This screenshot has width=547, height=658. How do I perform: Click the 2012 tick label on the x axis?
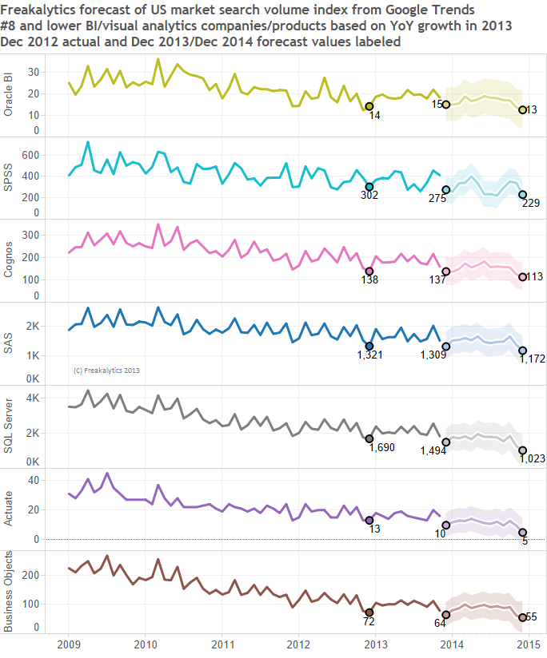coord(298,643)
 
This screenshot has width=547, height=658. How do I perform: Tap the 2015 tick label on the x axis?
coord(526,643)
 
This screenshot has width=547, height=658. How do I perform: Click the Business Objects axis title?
coord(10,592)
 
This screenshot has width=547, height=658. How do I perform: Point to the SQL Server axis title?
coord(10,426)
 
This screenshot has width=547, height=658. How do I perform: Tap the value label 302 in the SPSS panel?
coord(369,196)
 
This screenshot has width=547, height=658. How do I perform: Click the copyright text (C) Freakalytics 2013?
coord(107,371)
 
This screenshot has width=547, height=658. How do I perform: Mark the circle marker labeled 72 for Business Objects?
coord(369,612)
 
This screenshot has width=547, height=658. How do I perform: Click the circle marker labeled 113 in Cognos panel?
coord(523,277)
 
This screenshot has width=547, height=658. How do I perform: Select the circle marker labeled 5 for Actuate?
coord(523,533)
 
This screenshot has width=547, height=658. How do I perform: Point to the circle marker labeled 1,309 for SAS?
coord(446,346)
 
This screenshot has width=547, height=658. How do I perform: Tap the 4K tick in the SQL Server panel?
coord(33,398)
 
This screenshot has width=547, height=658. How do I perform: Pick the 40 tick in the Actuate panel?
coord(34,480)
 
